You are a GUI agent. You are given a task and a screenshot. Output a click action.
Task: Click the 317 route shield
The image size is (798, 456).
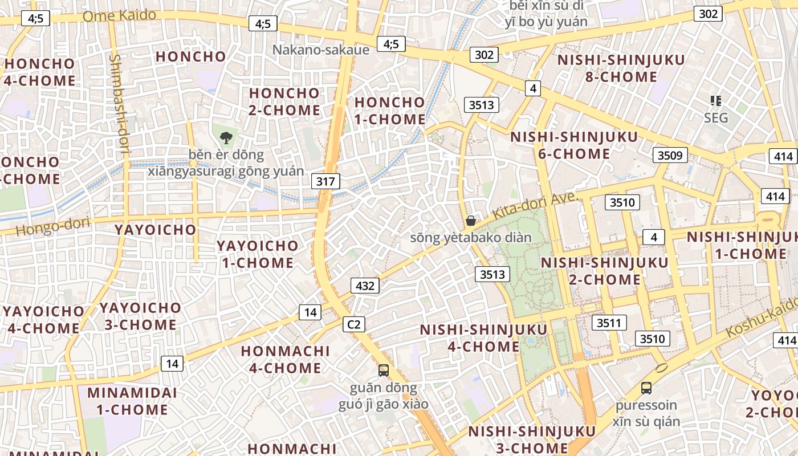[x=325, y=182]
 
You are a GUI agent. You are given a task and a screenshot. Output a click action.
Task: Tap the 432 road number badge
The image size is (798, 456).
[x=365, y=286]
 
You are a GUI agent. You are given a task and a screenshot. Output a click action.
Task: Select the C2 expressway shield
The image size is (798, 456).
[x=354, y=324]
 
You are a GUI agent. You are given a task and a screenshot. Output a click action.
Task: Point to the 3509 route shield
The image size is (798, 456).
[x=670, y=155]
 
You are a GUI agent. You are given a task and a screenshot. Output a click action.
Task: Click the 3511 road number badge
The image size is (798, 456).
[x=609, y=323]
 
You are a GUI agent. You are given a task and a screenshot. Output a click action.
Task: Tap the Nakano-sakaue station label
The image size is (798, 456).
[x=321, y=50]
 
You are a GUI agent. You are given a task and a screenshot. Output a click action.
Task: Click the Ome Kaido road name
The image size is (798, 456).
[x=119, y=15]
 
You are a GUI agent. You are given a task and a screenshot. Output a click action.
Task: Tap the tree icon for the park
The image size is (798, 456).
[x=226, y=137]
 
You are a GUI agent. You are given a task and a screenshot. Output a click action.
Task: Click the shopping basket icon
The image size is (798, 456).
[x=471, y=221]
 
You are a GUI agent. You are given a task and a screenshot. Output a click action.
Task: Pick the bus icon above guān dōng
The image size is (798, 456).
[x=384, y=370]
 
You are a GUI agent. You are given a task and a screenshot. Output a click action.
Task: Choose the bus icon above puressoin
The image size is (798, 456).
[x=646, y=388]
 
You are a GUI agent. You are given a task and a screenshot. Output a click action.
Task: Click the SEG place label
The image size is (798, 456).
[x=716, y=118]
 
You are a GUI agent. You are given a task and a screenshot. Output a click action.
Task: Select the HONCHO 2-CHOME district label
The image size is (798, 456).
[x=284, y=101]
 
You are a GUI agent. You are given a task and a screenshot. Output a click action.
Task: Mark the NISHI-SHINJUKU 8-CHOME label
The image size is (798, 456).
[x=621, y=68]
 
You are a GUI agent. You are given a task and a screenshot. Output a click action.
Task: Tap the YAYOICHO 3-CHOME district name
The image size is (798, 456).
[x=140, y=316]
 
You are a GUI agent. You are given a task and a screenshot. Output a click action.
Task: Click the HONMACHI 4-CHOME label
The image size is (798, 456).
[x=285, y=359]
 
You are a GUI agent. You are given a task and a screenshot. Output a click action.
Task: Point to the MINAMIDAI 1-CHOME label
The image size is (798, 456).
[x=132, y=401]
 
